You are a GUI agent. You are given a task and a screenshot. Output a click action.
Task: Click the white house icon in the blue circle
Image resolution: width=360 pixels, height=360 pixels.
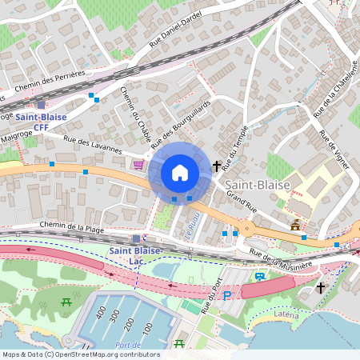coord(180,172)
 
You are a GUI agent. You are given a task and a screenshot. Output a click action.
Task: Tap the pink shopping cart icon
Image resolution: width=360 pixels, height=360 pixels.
coord(139,164)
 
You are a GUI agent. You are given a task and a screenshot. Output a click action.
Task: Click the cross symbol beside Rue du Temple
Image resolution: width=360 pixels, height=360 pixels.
coord(217,166)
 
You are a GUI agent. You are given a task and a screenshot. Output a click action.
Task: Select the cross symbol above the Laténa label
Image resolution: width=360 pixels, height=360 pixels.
coord(321,287)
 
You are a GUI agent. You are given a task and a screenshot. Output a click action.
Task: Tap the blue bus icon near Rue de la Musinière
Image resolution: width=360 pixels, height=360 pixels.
coord(260,277)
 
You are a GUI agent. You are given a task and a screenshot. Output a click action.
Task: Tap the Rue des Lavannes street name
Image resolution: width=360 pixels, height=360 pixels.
coord(94,145)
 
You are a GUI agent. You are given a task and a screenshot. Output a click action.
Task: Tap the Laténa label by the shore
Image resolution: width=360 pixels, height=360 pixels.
coord(286,314)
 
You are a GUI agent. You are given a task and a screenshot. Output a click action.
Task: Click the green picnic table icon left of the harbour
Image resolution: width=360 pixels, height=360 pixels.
coord(67,302)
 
